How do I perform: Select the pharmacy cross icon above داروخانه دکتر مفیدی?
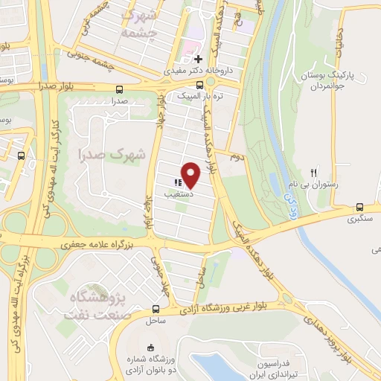[198, 59]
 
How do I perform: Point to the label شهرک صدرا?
[115, 154]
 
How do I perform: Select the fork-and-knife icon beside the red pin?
[178, 182]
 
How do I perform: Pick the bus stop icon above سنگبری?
[361, 207]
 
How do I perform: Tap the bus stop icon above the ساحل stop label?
[156, 309]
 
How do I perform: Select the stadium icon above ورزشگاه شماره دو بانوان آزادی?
[150, 348]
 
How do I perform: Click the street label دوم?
[236, 158]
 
